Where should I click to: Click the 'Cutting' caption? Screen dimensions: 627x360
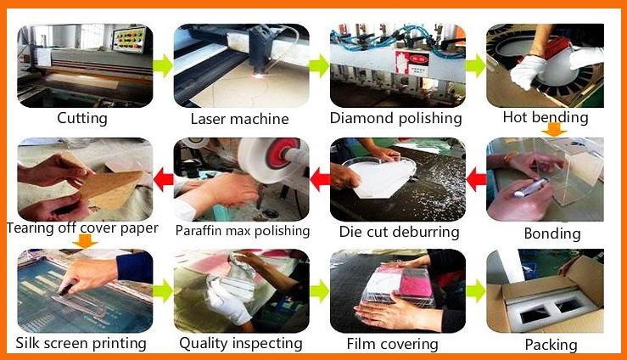[x=82, y=118]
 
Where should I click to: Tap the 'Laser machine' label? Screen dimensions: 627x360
[x=239, y=119]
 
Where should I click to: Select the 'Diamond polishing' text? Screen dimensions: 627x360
[x=396, y=118]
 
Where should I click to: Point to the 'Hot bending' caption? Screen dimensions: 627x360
[x=546, y=117]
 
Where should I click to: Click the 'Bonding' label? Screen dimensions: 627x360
[x=552, y=233]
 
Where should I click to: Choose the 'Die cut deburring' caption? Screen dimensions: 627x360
[x=399, y=232]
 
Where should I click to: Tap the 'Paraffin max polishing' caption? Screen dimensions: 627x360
[x=243, y=231]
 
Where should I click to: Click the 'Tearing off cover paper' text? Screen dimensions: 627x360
[x=82, y=228]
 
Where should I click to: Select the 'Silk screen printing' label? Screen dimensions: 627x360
[x=81, y=343]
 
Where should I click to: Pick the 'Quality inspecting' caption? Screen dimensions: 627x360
[x=241, y=343]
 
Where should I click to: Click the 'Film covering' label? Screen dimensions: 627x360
[x=392, y=344]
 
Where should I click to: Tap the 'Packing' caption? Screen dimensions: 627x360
[x=551, y=345]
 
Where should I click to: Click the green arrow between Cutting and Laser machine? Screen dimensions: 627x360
[x=163, y=65]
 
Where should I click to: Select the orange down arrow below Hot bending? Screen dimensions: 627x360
[x=554, y=130]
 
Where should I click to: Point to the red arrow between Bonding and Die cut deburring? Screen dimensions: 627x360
[x=476, y=180]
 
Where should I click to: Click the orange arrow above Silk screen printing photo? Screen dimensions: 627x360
[x=84, y=241]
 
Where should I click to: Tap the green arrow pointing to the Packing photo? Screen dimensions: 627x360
[x=476, y=290]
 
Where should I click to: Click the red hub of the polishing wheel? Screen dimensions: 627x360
[x=283, y=154]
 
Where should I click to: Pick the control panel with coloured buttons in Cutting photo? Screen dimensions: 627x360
[x=130, y=40]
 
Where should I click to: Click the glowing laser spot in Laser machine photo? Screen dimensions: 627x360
[x=259, y=76]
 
